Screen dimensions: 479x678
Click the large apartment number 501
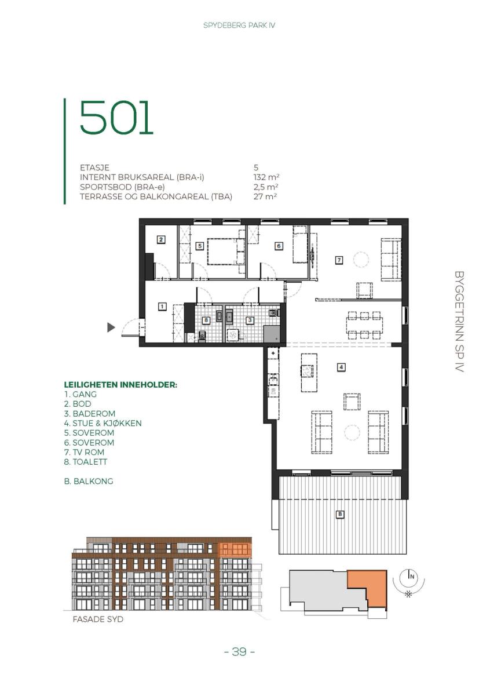(116, 118)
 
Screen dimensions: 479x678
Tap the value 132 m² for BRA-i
(266, 177)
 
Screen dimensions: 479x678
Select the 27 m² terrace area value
(265, 197)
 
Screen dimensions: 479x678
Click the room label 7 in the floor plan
(339, 260)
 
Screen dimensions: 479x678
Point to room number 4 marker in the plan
(341, 367)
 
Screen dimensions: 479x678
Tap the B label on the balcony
(340, 514)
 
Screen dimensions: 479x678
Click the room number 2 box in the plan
(161, 239)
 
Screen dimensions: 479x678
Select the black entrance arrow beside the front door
(111, 328)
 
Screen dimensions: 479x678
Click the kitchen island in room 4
(309, 372)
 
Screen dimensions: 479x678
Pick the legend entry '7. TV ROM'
(85, 452)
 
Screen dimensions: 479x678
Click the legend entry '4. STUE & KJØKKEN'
(103, 424)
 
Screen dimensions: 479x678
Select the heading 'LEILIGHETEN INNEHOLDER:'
(120, 385)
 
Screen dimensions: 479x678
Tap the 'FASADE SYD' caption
(98, 619)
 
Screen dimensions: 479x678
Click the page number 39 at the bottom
(240, 651)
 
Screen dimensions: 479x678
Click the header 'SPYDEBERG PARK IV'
(239, 25)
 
